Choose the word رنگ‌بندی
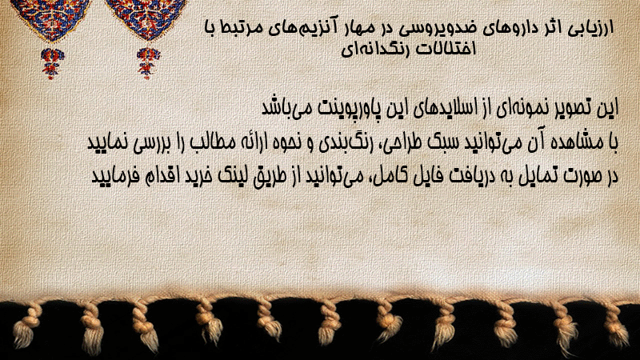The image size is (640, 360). [x=343, y=143]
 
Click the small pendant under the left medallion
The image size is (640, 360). [x=51, y=63]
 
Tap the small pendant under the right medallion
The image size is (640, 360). [x=148, y=63]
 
